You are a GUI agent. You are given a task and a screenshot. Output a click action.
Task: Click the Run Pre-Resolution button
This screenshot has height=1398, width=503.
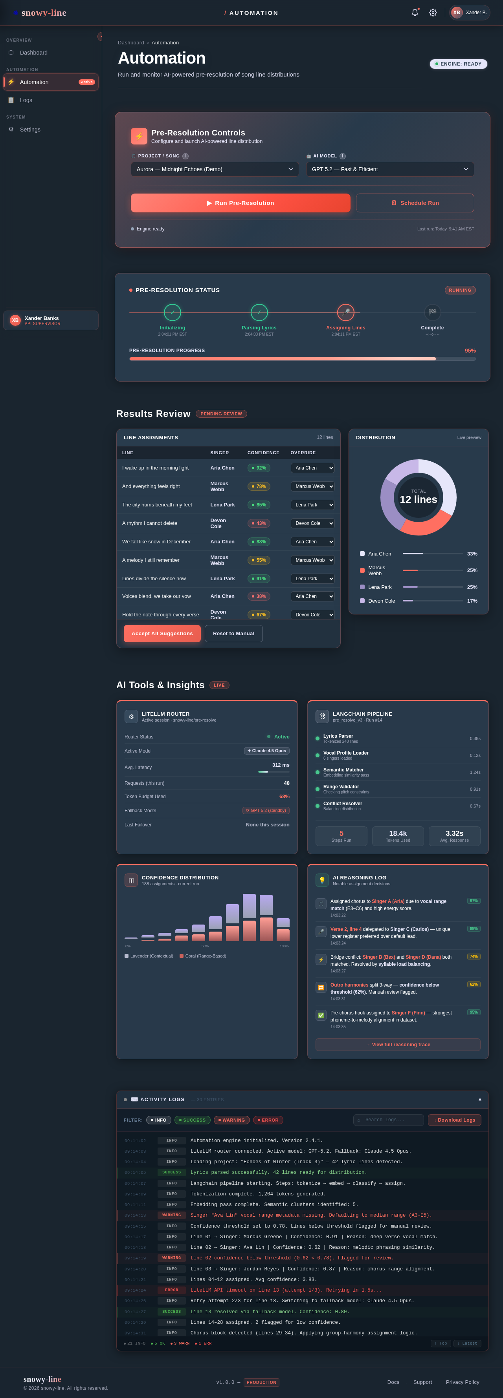tap(240, 203)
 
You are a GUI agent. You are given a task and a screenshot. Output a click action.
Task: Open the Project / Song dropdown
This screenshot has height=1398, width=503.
tap(215, 169)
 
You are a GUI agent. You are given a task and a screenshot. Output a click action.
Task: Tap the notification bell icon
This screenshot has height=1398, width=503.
tap(415, 13)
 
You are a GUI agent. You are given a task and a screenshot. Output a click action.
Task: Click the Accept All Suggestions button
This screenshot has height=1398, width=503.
tap(162, 633)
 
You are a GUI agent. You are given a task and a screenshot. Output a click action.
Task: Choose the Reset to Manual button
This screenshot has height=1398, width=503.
tap(233, 633)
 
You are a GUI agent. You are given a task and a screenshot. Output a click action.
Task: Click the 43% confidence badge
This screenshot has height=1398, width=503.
tap(259, 523)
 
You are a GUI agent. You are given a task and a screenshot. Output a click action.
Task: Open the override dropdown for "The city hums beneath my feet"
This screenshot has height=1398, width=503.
tap(312, 505)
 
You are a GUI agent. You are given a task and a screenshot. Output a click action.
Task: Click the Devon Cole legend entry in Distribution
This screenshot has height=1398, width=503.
tap(381, 601)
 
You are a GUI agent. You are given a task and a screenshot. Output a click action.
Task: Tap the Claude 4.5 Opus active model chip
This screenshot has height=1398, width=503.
tap(267, 751)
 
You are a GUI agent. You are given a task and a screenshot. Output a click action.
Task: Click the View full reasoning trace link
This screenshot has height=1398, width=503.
tap(398, 1045)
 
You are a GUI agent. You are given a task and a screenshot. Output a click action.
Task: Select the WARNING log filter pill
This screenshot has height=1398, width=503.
tap(231, 1120)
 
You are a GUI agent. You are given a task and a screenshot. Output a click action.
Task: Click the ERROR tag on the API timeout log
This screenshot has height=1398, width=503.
tap(172, 1290)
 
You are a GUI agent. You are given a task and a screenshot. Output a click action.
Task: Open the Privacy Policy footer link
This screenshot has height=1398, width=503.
tap(462, 1382)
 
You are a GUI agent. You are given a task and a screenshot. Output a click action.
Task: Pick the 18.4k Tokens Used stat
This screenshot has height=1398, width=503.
tap(398, 836)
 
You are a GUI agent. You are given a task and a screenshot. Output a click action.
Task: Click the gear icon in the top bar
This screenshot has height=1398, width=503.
tap(433, 13)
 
